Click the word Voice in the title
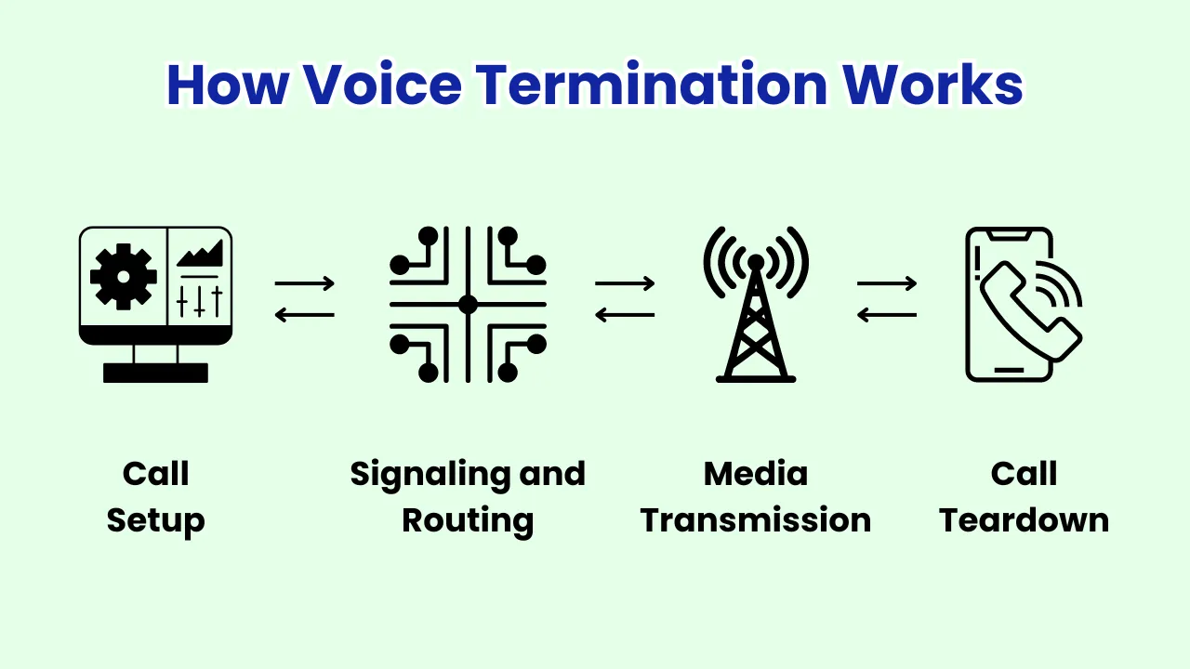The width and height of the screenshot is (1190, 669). [x=382, y=85]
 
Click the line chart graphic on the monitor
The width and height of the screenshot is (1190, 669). [x=200, y=253]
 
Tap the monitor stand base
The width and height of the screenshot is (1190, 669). [x=155, y=373]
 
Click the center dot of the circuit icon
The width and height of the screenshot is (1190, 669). [x=468, y=304]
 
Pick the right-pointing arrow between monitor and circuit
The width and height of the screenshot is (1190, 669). [x=305, y=283]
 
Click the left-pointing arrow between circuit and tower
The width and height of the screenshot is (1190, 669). [x=625, y=315]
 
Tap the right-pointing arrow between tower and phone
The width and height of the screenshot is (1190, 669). [x=887, y=283]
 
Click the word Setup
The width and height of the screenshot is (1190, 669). [x=155, y=521]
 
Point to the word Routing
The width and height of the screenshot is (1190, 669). [x=468, y=521]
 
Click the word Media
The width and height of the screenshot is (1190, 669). [x=756, y=474]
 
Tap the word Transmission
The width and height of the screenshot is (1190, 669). [x=756, y=520]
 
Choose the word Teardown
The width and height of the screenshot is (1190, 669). [x=1024, y=520]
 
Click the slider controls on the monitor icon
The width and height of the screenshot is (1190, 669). [x=200, y=300]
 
